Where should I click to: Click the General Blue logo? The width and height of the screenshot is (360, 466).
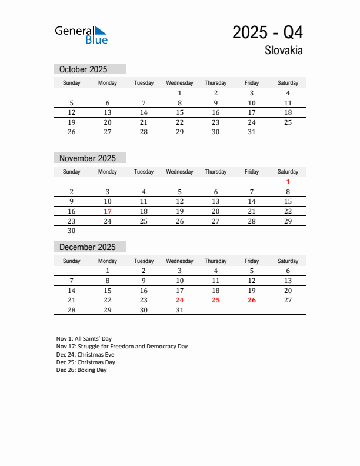81,35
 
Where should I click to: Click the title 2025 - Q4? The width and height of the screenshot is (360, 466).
267,32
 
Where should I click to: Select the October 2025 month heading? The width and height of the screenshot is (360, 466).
84,69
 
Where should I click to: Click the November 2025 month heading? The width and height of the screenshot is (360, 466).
88,158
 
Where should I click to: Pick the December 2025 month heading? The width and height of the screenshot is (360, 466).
88,247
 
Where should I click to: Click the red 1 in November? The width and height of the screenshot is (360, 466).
288,182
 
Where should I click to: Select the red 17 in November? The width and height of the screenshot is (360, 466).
108,211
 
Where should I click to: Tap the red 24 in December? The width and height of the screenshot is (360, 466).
179,300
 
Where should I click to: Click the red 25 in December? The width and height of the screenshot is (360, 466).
215,300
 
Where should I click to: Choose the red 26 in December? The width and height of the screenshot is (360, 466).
252,300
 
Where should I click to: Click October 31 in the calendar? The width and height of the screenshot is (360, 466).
252,132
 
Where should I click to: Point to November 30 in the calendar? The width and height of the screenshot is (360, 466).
72,231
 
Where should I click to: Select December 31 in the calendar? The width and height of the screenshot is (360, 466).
179,310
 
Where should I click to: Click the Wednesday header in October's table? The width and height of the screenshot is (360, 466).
179,83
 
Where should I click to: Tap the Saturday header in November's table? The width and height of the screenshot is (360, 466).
288,172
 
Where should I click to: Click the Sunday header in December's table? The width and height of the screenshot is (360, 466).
72,261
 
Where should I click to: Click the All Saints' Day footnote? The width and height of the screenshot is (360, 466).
84,339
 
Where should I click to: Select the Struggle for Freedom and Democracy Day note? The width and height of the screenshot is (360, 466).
122,347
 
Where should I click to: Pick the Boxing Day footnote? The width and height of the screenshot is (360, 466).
82,370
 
